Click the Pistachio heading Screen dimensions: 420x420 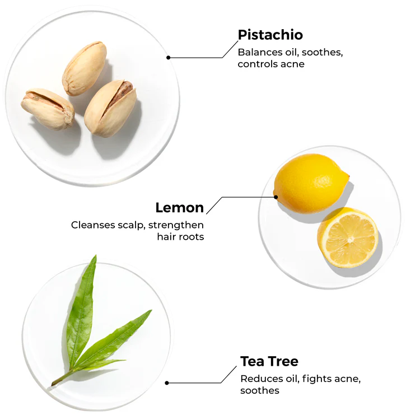[x=270, y=35]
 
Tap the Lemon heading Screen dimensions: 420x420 [x=179, y=208]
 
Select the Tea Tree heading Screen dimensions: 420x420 [x=269, y=361]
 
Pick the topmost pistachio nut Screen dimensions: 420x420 [x=84, y=68]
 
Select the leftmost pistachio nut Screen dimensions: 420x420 [x=48, y=108]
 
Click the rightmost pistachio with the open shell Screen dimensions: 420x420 [x=110, y=108]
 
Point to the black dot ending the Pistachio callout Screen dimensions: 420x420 [x=168, y=57]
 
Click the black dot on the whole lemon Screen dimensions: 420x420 [x=276, y=197]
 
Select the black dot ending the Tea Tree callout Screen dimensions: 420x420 [x=167, y=383]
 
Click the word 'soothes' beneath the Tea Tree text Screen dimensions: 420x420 [x=260, y=390]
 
